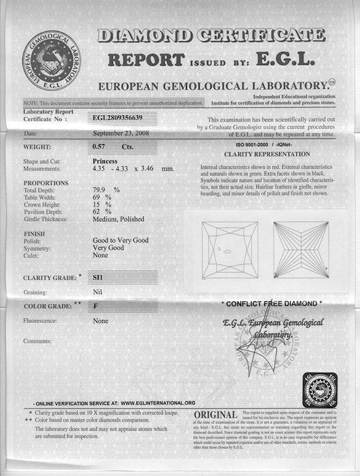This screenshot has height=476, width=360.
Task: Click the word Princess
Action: coord(105,161)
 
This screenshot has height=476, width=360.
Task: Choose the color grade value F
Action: coord(96,306)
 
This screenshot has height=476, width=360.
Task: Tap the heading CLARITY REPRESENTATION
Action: coord(267,155)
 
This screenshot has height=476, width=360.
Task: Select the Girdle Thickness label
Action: coord(46,219)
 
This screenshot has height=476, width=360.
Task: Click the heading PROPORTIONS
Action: coord(46,182)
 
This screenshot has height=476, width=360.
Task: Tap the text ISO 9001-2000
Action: coord(253,144)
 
